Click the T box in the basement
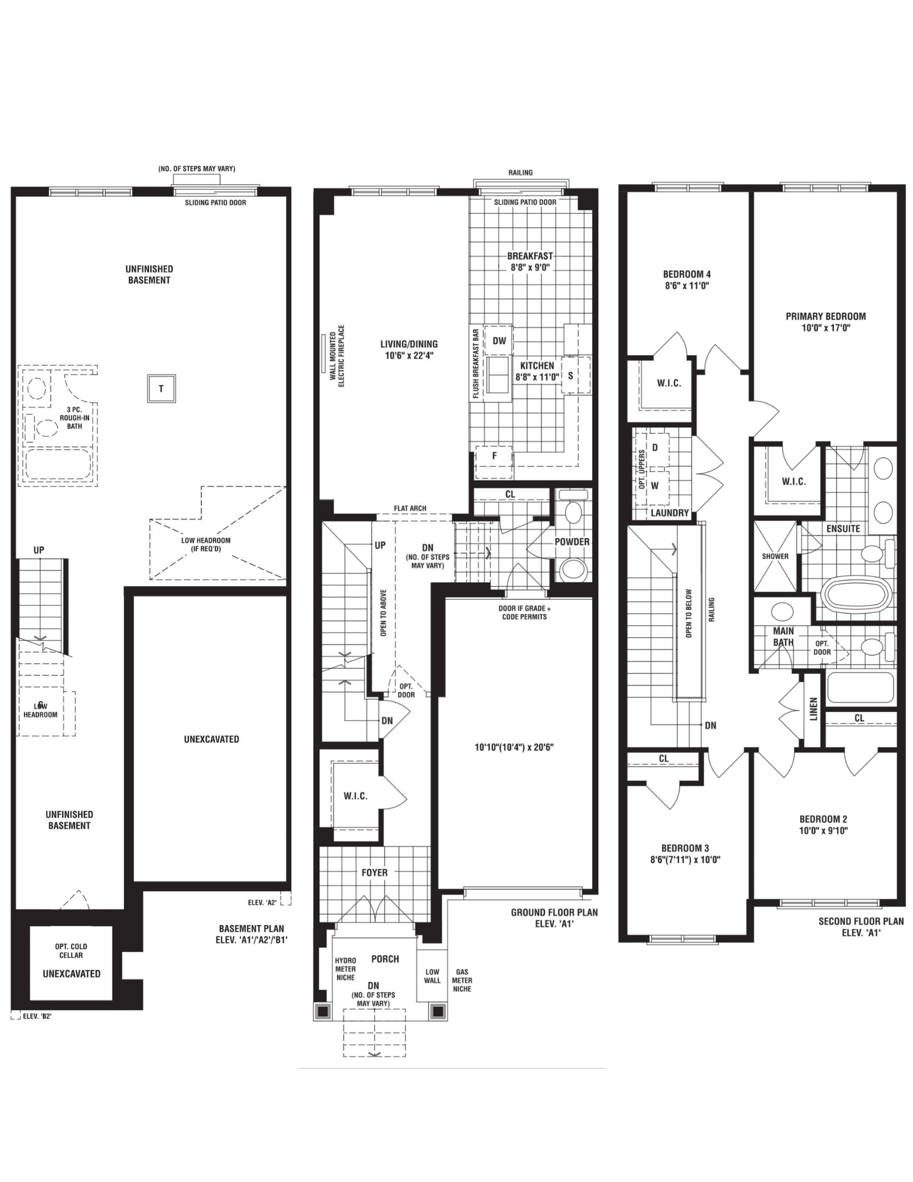tap(161, 389)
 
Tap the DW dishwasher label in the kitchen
tap(499, 341)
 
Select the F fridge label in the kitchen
tap(494, 456)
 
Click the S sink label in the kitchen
tap(570, 375)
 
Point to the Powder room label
tap(572, 541)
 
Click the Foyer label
tap(375, 872)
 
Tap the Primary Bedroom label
tap(826, 316)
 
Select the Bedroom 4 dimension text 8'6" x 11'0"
tap(687, 285)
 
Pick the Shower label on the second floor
tap(775, 556)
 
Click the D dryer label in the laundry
tap(655, 447)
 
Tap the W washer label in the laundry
tap(655, 486)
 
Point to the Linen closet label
tap(813, 709)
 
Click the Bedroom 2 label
tap(823, 819)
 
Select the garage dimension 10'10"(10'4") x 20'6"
tap(514, 747)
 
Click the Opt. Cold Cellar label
tap(71, 950)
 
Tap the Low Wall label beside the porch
tap(433, 976)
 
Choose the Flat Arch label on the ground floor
tap(410, 508)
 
